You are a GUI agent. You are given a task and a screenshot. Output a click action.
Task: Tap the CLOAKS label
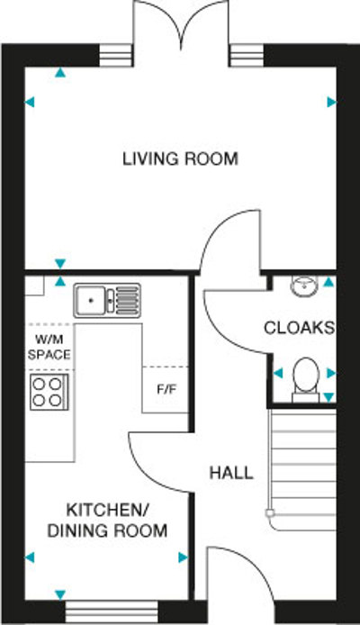coord(299,327)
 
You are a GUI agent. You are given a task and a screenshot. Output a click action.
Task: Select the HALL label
coord(230,473)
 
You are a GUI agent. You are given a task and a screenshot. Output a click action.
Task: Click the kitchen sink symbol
coord(107,297)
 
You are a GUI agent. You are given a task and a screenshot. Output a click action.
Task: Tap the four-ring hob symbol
coord(48,391)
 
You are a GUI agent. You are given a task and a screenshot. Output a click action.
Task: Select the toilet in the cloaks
coord(305,376)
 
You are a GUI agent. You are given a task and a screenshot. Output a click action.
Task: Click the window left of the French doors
coord(114,54)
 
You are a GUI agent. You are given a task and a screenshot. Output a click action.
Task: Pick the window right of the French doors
coord(245,54)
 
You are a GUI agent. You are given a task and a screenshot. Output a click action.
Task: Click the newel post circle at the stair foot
coord(269,512)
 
